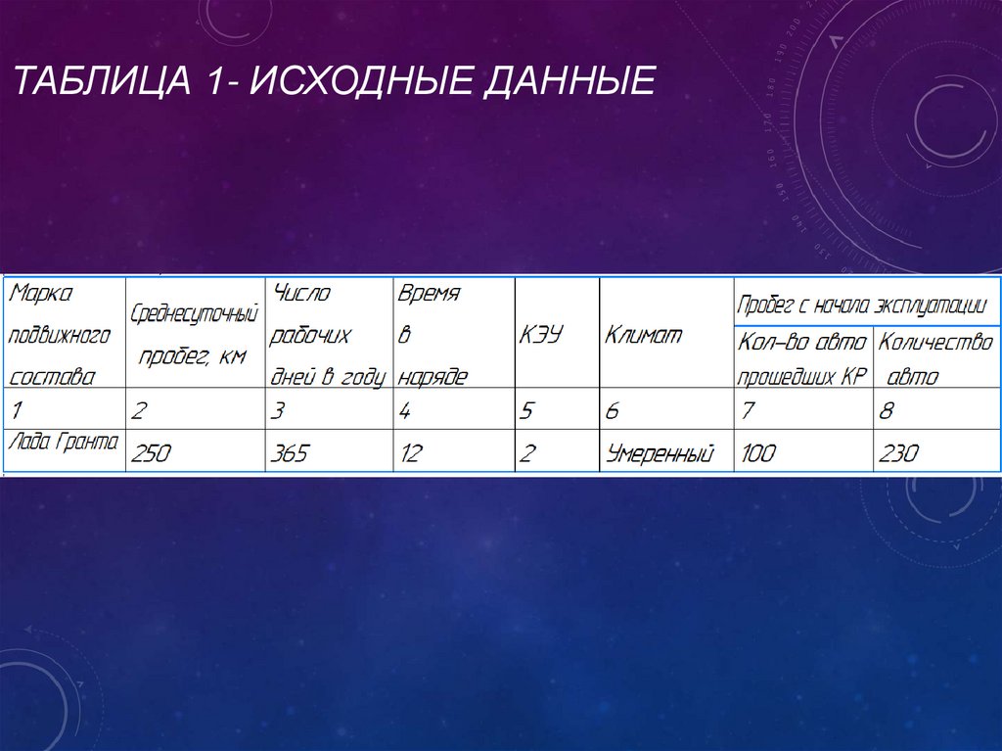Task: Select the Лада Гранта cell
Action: [63, 443]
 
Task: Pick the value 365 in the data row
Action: [290, 453]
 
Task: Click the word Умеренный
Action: [660, 453]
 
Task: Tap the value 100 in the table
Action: [758, 453]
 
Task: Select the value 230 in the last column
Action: [898, 453]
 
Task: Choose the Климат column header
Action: [643, 335]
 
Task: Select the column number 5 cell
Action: [527, 411]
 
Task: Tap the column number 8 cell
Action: [887, 411]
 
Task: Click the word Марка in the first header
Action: [41, 293]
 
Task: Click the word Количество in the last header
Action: [935, 343]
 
